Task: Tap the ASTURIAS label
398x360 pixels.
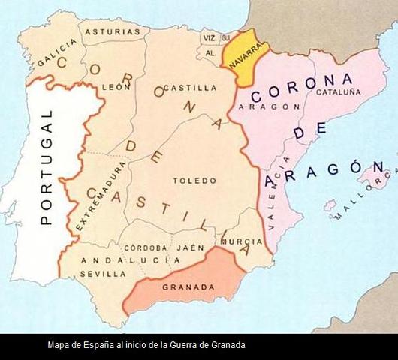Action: (x=113, y=32)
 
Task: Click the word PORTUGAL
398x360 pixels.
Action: (x=46, y=167)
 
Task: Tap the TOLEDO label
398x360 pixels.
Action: (x=194, y=181)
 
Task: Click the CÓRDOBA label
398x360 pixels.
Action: (x=145, y=247)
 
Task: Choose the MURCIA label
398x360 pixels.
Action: (x=242, y=241)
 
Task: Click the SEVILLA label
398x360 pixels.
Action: (x=103, y=274)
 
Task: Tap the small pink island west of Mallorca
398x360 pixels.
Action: (x=330, y=205)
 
